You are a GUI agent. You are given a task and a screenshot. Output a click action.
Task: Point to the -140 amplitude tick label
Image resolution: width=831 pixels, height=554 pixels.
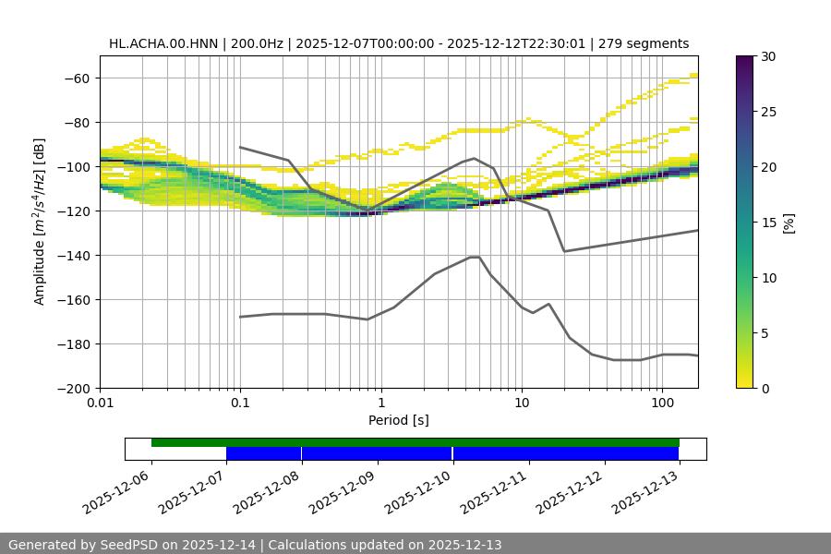(x=74, y=255)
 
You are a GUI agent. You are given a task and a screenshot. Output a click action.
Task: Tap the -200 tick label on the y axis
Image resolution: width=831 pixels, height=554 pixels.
(x=74, y=388)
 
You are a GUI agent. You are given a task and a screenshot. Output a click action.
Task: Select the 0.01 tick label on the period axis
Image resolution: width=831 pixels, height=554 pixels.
(x=100, y=403)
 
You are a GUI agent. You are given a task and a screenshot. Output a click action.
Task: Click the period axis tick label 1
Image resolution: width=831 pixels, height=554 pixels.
(x=381, y=403)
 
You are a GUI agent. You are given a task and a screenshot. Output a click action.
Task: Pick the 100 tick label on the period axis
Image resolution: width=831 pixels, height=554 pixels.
(x=662, y=403)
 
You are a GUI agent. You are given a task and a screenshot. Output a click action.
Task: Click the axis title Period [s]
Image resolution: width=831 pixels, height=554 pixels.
(x=399, y=420)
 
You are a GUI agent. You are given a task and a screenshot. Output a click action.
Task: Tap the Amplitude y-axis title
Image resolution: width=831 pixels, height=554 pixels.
(x=39, y=222)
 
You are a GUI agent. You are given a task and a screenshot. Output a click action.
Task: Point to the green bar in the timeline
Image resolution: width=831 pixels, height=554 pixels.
(x=415, y=442)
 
